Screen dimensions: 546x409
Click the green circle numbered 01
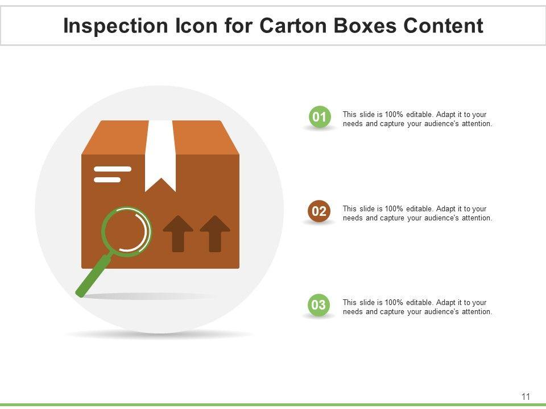pyautogui.click(x=319, y=118)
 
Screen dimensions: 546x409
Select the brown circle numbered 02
pyautogui.click(x=319, y=212)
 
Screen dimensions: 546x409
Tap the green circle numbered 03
pyautogui.click(x=319, y=305)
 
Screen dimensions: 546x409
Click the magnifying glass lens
pyautogui.click(x=126, y=231)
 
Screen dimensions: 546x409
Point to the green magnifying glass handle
pyautogui.click(x=93, y=277)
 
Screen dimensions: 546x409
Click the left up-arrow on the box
pyautogui.click(x=178, y=233)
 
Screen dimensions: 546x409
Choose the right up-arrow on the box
pyautogui.click(x=215, y=233)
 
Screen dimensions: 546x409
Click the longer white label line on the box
pyautogui.click(x=113, y=169)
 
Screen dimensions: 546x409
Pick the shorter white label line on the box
pyautogui.click(x=107, y=180)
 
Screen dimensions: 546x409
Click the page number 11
pyautogui.click(x=526, y=397)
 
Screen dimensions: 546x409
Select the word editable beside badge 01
pyautogui.click(x=419, y=115)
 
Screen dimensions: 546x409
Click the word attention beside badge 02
pyautogui.click(x=476, y=218)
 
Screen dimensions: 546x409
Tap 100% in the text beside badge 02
pyautogui.click(x=394, y=209)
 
